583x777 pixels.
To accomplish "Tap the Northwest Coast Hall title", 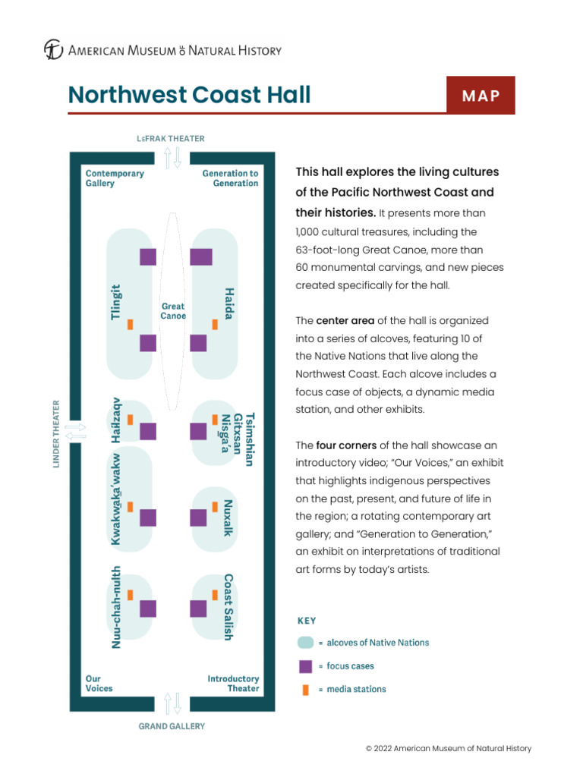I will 189,95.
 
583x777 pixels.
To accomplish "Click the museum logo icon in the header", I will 53,51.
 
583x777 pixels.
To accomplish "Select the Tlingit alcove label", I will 116,302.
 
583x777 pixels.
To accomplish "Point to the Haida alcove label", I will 228,303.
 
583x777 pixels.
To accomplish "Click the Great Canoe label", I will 173,311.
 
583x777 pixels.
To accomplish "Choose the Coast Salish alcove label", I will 228,607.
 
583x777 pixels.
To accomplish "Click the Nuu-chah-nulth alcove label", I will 116,608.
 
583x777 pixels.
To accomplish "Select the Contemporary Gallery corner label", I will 115,178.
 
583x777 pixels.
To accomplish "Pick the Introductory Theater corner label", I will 233,684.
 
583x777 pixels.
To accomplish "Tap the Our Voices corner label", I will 99,684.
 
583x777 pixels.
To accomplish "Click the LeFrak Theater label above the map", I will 171,139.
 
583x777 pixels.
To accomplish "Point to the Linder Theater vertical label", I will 56,434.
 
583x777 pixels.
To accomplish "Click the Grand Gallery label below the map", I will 172,726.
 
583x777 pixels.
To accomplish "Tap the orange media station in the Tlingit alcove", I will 131,324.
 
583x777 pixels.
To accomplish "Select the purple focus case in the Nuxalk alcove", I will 198,517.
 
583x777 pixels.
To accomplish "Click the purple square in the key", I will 305,666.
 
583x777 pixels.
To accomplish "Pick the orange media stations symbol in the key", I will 305,690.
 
